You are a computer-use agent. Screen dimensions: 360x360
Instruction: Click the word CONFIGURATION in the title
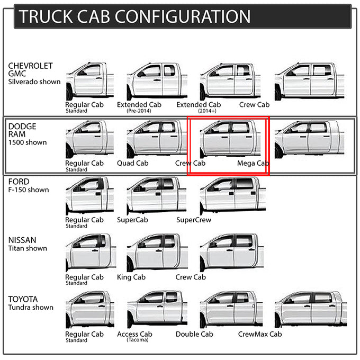tap(182, 16)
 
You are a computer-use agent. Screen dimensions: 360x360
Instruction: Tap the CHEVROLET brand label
tap(31, 66)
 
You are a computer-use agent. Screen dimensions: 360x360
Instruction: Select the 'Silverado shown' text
tap(34, 82)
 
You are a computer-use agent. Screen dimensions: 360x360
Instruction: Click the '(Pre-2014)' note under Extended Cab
tap(139, 111)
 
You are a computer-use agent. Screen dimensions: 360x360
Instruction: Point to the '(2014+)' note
tap(207, 111)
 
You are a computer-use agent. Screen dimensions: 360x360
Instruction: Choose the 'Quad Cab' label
tap(133, 163)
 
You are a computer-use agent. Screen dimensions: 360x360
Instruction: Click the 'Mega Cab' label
tap(253, 163)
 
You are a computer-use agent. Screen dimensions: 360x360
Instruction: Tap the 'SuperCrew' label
tap(194, 220)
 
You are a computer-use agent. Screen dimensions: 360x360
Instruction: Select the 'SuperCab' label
tap(132, 220)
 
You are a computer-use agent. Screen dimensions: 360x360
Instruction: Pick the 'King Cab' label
tap(131, 277)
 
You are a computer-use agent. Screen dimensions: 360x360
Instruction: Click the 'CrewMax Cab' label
tap(260, 334)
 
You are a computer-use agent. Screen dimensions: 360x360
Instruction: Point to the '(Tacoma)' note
tap(138, 340)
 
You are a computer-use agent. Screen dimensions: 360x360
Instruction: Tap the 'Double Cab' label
tap(194, 334)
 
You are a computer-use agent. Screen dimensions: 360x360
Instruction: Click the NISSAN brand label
tap(22, 240)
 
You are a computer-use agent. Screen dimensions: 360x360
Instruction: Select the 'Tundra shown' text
tap(31, 308)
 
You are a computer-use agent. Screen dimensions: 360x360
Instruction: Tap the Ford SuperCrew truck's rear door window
tap(245, 184)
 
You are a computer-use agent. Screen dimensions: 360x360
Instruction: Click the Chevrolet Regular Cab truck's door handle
tap(99, 78)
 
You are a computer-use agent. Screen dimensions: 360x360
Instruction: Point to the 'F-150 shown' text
tap(29, 190)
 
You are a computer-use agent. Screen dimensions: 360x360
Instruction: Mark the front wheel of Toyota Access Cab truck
tap(131, 320)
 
